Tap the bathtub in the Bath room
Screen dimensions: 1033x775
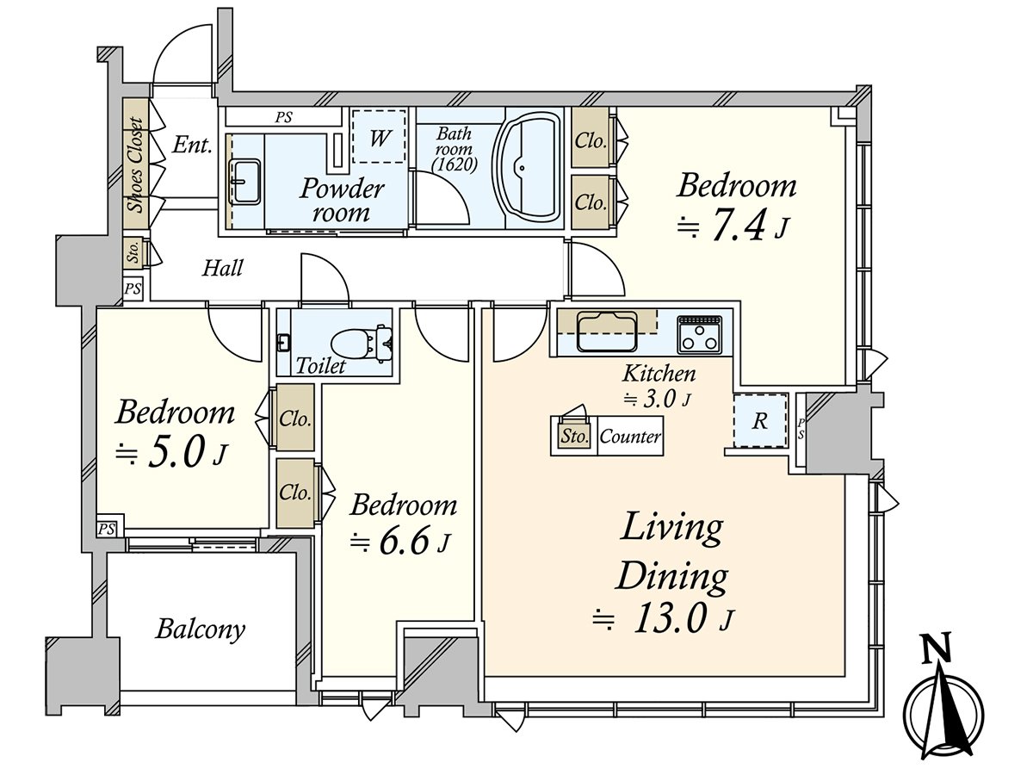(528, 169)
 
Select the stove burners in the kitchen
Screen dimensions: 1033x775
(699, 335)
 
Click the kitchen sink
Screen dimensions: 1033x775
(607, 332)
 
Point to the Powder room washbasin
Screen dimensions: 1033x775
(244, 181)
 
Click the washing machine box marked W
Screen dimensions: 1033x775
(379, 136)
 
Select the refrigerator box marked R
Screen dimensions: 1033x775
(760, 421)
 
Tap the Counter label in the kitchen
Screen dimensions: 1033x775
(630, 437)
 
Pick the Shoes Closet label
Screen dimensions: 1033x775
(137, 164)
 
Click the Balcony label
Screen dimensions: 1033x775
(201, 630)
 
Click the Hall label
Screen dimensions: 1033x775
(223, 269)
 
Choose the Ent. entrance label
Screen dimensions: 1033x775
(193, 146)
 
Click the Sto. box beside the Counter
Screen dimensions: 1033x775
(574, 437)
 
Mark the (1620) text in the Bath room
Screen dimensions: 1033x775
(455, 165)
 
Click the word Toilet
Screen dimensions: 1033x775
(320, 366)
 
